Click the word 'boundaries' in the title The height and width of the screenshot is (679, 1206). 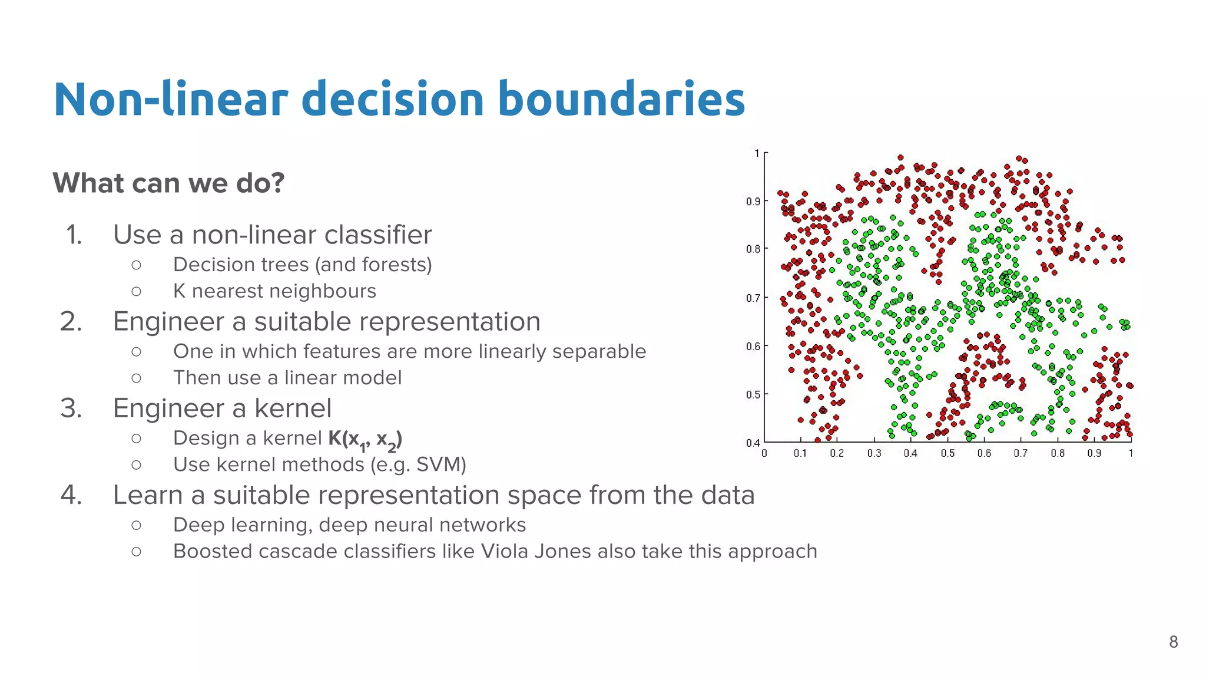[621, 99]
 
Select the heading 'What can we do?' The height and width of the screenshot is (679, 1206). [168, 183]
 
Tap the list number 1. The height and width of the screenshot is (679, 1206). [74, 235]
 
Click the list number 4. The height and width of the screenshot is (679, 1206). [71, 495]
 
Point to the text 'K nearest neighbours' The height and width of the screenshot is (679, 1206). [274, 291]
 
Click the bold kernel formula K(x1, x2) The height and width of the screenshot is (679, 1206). [365, 439]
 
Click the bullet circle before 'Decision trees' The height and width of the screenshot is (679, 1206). [137, 265]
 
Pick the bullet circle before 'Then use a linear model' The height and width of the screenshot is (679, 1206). [137, 378]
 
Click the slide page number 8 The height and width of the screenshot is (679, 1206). [1173, 642]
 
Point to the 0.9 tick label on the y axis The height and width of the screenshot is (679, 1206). [753, 202]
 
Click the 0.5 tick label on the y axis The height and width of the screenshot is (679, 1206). [753, 394]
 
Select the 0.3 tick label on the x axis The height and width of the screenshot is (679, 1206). [874, 453]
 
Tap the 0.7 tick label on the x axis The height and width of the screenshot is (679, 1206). [1021, 453]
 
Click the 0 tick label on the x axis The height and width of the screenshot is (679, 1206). [764, 453]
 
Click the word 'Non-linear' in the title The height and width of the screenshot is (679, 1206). [171, 99]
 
